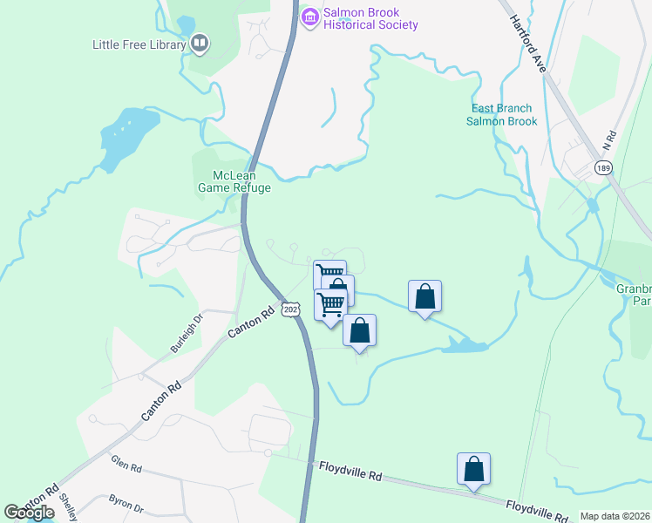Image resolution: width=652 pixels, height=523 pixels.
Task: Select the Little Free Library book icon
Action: click(200, 44)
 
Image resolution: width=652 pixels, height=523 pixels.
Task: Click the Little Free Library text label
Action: click(139, 44)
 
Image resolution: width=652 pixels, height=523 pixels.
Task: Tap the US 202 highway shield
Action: click(290, 309)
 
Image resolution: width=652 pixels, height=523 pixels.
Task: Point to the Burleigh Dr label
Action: click(186, 333)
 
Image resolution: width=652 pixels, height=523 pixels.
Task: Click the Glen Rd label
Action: click(126, 466)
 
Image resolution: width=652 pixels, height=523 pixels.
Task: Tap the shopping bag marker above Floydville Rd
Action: click(473, 469)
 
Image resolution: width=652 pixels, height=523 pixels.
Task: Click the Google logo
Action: click(29, 513)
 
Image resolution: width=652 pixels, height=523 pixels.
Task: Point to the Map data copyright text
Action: click(615, 516)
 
